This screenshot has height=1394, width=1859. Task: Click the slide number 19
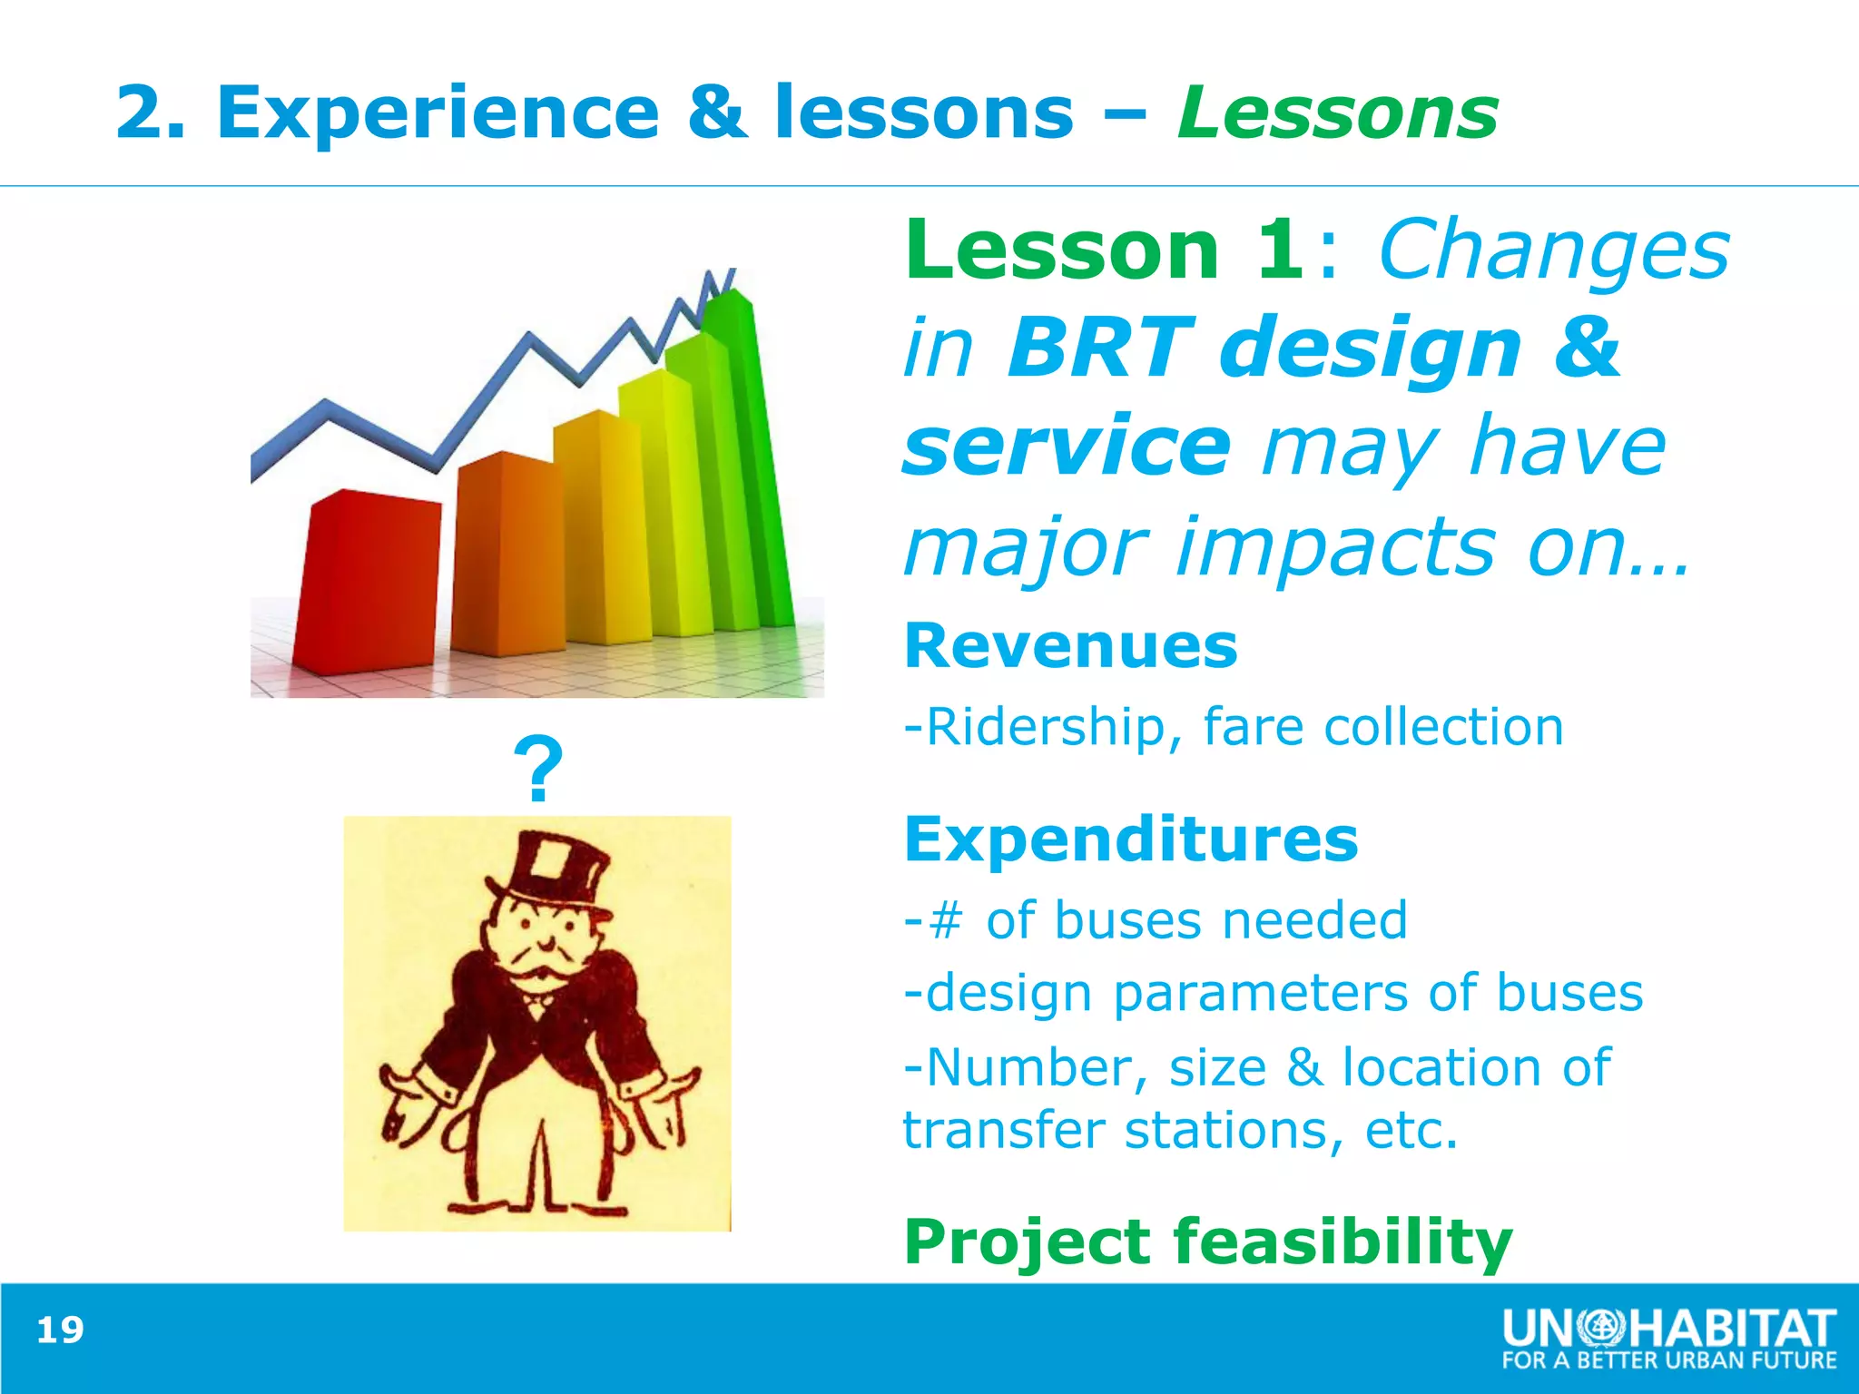(x=60, y=1330)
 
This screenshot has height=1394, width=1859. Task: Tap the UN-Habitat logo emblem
(x=1607, y=1330)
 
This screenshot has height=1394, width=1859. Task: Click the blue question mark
(x=538, y=770)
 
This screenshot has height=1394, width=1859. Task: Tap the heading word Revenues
(x=1071, y=646)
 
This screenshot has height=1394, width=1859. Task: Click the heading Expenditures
(x=1131, y=839)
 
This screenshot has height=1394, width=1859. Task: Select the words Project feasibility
(x=1207, y=1242)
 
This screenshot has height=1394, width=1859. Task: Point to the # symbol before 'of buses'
(x=946, y=921)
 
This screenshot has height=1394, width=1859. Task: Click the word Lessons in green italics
(x=1337, y=113)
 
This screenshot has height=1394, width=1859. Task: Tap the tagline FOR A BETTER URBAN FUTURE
(x=1668, y=1360)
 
